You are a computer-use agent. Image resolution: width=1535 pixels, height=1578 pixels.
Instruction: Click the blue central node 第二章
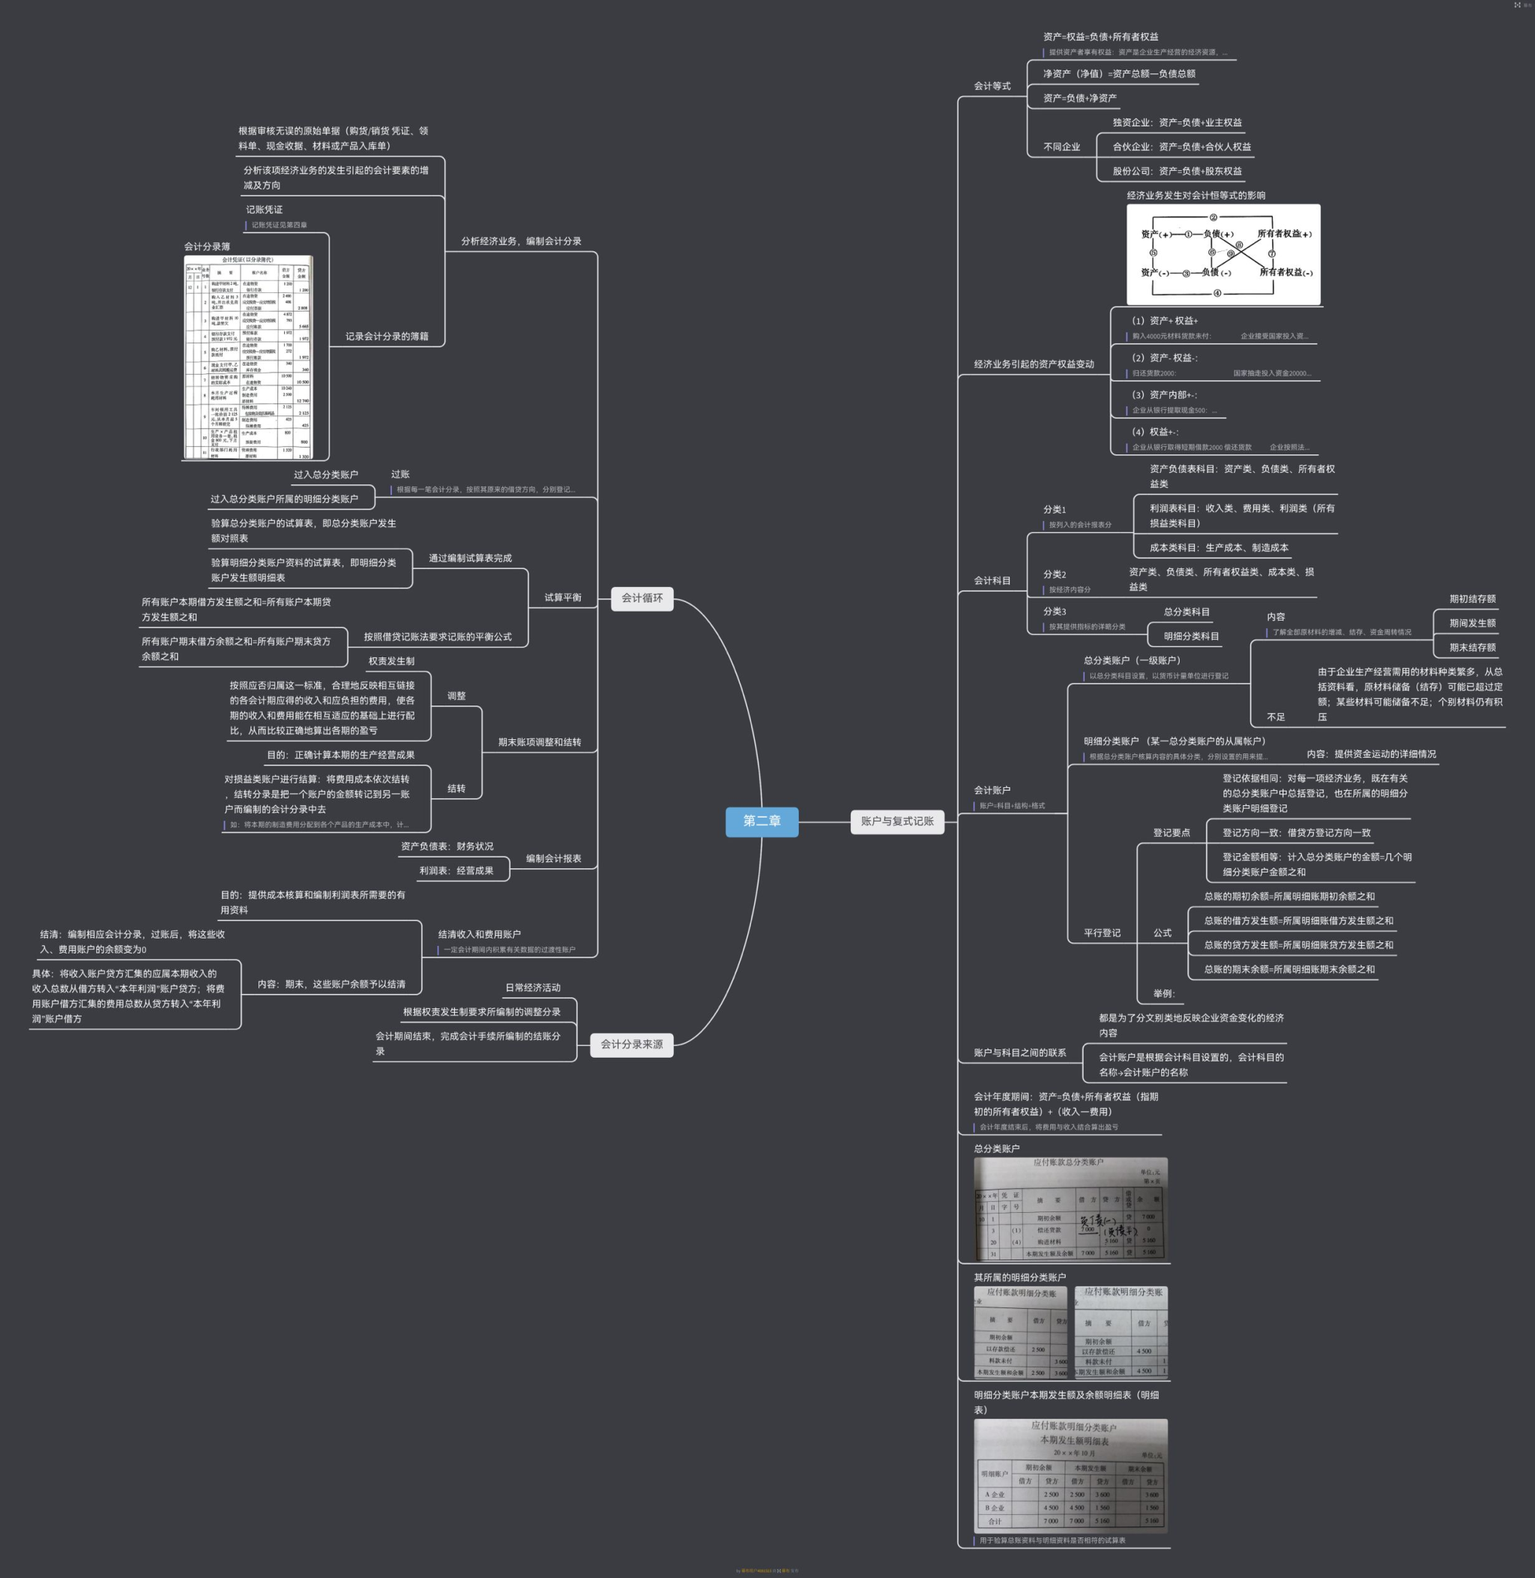point(762,821)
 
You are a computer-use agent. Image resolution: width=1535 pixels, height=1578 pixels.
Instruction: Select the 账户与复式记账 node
point(896,821)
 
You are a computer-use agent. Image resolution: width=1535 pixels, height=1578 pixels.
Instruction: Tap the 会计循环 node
point(642,597)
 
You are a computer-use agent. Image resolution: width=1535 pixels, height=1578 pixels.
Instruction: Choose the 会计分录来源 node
point(631,1044)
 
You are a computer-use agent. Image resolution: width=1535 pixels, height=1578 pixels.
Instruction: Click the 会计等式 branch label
point(992,86)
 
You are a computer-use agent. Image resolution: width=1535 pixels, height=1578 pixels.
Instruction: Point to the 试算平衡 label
point(562,597)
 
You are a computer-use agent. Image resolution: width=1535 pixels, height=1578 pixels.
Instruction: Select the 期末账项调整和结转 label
point(539,742)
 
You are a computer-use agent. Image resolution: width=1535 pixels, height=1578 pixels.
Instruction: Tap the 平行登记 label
point(1101,933)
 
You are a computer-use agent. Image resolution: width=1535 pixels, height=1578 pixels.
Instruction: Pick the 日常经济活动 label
point(532,988)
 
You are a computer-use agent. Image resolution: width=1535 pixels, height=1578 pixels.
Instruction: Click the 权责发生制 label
point(391,661)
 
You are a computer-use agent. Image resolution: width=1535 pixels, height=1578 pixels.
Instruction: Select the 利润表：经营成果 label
point(456,871)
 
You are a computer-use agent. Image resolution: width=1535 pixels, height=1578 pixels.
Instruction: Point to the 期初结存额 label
point(1472,599)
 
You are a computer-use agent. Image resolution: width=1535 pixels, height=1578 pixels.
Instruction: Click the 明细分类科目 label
point(1191,636)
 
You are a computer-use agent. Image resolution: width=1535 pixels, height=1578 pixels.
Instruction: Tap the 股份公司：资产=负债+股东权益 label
point(1177,171)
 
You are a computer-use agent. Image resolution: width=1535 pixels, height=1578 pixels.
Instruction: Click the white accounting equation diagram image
point(1223,254)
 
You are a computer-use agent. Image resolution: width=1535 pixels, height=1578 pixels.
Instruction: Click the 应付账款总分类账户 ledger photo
point(1070,1208)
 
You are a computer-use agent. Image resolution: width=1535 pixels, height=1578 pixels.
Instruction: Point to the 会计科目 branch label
point(992,580)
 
